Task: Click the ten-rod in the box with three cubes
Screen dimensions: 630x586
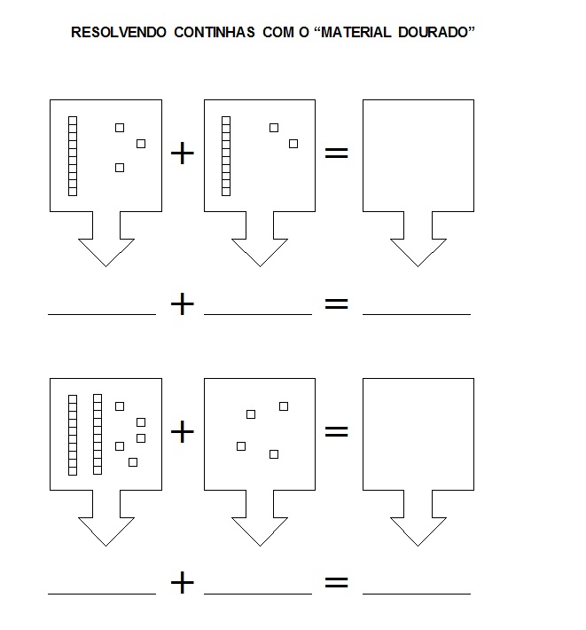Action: tap(73, 155)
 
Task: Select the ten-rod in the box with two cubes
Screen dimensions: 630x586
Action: tap(226, 155)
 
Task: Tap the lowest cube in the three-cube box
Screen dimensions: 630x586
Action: tap(120, 168)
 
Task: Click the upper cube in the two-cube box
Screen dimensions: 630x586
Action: tap(274, 128)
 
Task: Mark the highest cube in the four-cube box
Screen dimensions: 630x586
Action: tap(284, 406)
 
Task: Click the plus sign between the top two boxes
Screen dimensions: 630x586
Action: tap(182, 154)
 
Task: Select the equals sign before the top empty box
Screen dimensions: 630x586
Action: tap(336, 154)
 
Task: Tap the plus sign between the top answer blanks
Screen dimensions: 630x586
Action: tap(182, 304)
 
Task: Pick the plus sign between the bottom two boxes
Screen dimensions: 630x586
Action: tap(182, 432)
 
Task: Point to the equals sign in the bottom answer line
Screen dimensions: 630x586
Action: tap(336, 583)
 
